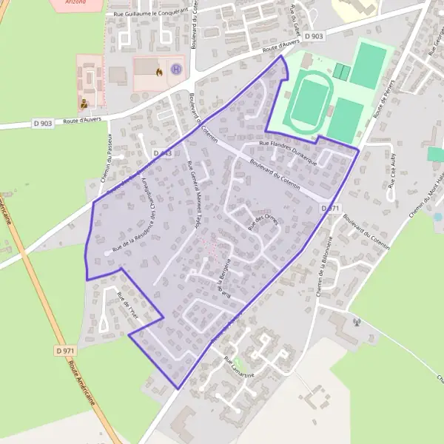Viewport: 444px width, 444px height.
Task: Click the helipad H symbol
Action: pos(176,70)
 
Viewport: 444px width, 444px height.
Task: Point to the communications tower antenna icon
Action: pos(357,322)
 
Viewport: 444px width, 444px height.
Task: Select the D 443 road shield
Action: pos(163,153)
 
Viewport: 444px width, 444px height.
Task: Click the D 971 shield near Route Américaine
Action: pos(65,350)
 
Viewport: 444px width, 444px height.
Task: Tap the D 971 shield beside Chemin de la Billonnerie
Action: pos(331,209)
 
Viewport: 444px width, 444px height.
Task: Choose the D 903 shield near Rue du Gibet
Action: pos(314,36)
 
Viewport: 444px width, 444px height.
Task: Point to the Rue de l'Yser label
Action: pos(127,306)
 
